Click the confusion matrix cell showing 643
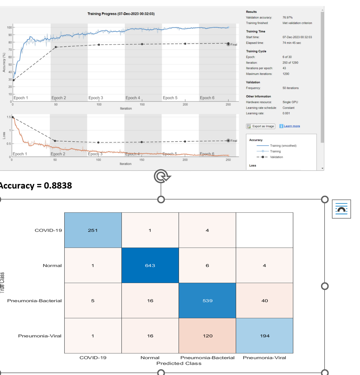point(150,265)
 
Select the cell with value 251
point(93,230)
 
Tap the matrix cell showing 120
point(207,336)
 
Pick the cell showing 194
point(264,336)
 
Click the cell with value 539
point(207,300)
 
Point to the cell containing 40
point(264,300)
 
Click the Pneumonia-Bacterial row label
point(34,301)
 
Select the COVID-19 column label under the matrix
point(93,358)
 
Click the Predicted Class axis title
point(179,363)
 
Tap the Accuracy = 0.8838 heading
point(35,186)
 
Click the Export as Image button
point(261,126)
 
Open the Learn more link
point(292,126)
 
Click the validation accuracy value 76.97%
point(287,17)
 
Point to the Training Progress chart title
point(121,14)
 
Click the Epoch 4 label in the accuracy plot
point(133,98)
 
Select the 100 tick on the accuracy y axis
point(9,28)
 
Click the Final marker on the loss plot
point(229,141)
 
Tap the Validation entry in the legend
point(276,157)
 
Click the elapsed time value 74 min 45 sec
point(292,43)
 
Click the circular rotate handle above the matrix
point(162,176)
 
